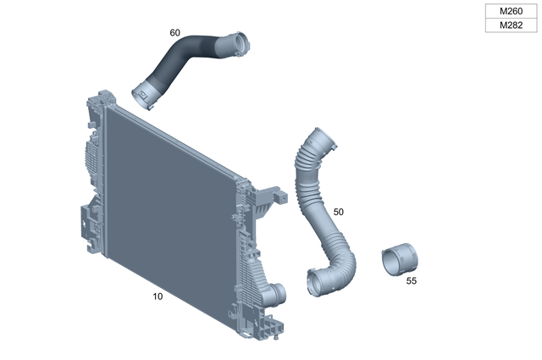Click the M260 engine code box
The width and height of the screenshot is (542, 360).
click(x=510, y=12)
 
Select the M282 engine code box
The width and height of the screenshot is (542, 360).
click(x=510, y=25)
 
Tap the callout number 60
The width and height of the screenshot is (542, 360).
click(x=175, y=32)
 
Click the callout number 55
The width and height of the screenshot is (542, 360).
click(x=412, y=280)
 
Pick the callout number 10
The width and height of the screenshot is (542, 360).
click(x=158, y=296)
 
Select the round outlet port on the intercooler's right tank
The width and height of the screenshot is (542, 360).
click(x=279, y=294)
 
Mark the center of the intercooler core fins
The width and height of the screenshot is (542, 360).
click(x=169, y=199)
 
